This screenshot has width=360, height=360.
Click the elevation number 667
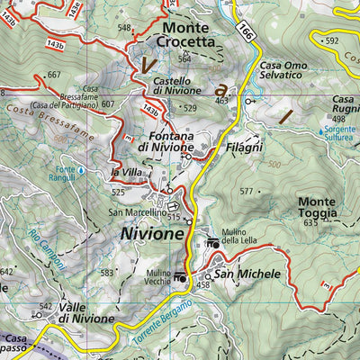pyautogui.click(x=54, y=75)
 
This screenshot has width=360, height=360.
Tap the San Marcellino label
pyautogui.click(x=138, y=212)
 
